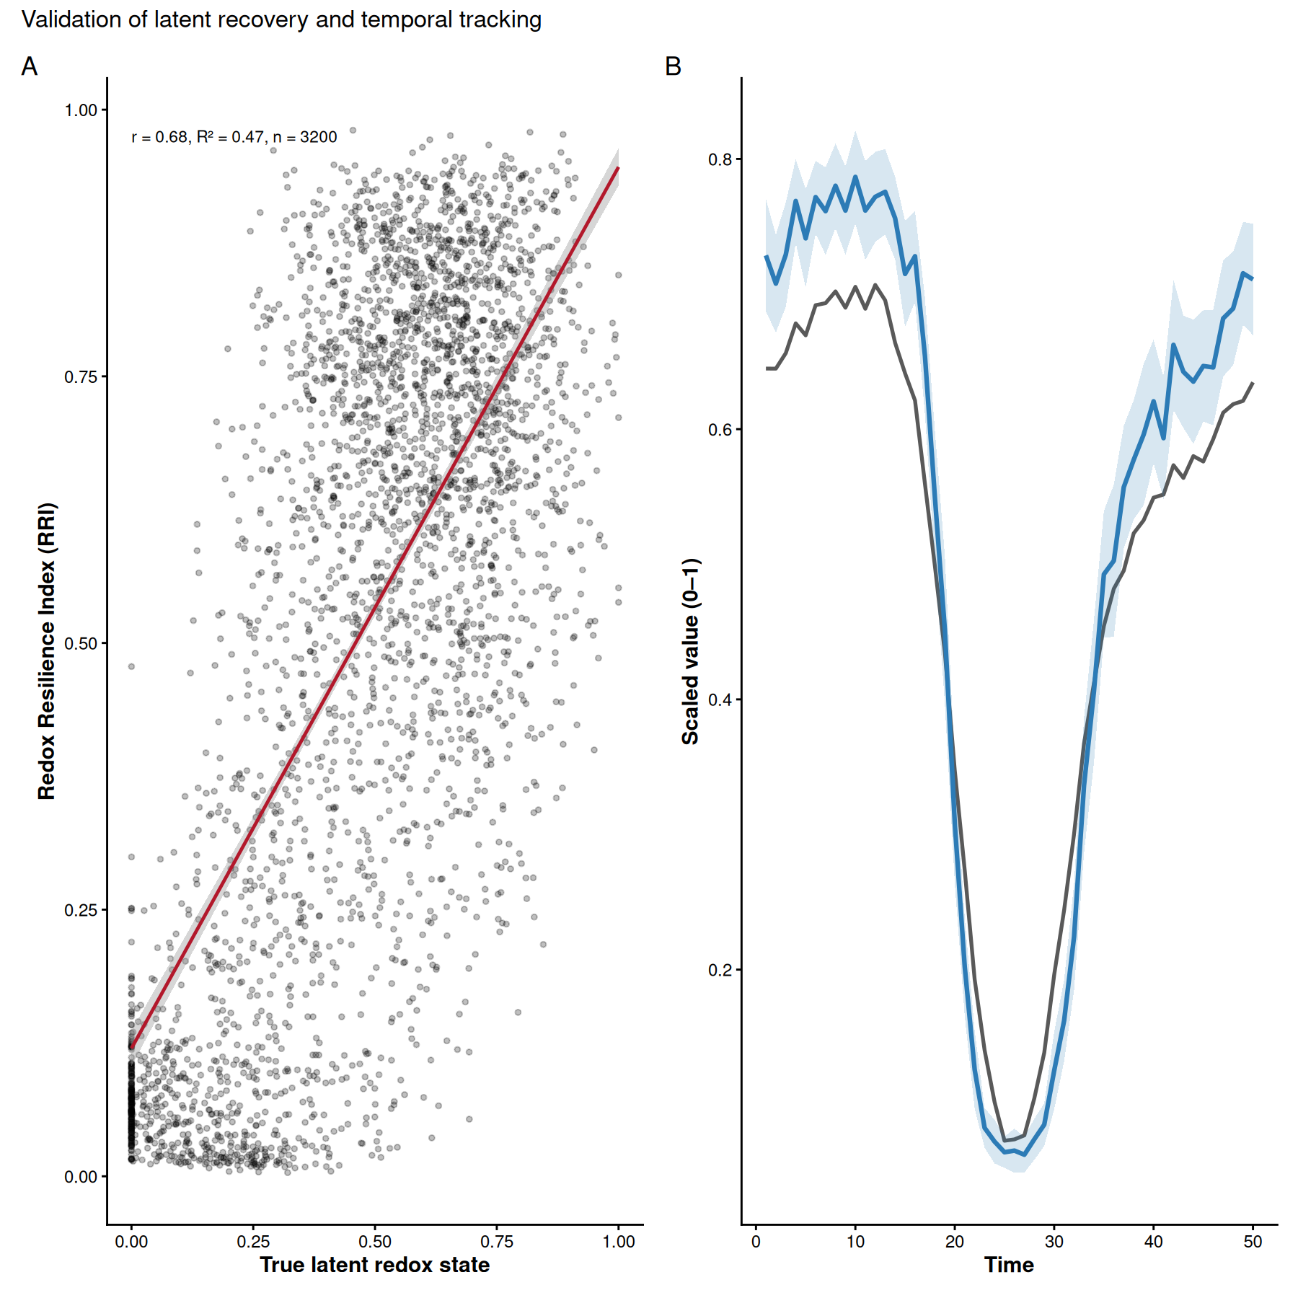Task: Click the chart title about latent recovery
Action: (x=281, y=20)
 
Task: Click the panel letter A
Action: (x=30, y=66)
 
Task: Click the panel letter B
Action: (x=673, y=66)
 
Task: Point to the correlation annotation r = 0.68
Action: (x=234, y=137)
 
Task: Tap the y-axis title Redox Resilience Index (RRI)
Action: (x=47, y=650)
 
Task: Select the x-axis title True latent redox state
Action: (x=374, y=1265)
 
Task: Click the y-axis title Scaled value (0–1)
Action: (x=690, y=650)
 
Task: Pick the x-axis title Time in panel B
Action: (x=1009, y=1265)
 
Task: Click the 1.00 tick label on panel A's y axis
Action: (x=81, y=110)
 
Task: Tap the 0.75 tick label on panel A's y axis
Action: (x=81, y=377)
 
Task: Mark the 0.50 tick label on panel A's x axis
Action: (x=375, y=1242)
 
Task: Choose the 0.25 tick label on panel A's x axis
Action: (x=253, y=1242)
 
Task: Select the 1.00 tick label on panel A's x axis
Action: (x=619, y=1242)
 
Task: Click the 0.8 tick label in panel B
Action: (x=720, y=159)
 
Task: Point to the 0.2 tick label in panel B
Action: (x=720, y=970)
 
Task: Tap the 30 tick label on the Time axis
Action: (x=1054, y=1242)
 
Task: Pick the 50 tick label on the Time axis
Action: (x=1253, y=1242)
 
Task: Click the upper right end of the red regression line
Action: (x=618, y=168)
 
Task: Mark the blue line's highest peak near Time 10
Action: (x=855, y=177)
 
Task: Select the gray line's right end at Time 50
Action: (x=1253, y=383)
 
